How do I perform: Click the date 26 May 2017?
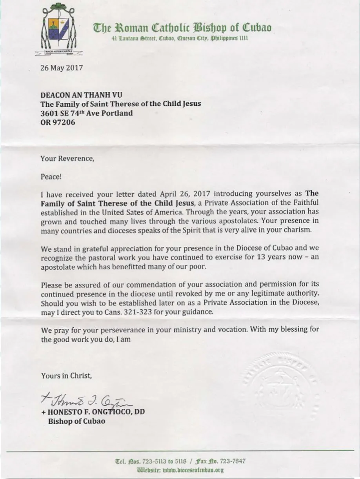[x=62, y=67]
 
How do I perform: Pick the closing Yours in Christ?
[x=67, y=376]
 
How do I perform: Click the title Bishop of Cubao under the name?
[x=76, y=422]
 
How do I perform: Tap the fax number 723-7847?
[x=235, y=461]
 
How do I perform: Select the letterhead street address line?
[x=179, y=38]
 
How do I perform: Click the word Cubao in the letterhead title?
[x=257, y=28]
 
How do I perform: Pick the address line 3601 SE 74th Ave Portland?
[x=87, y=113]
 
